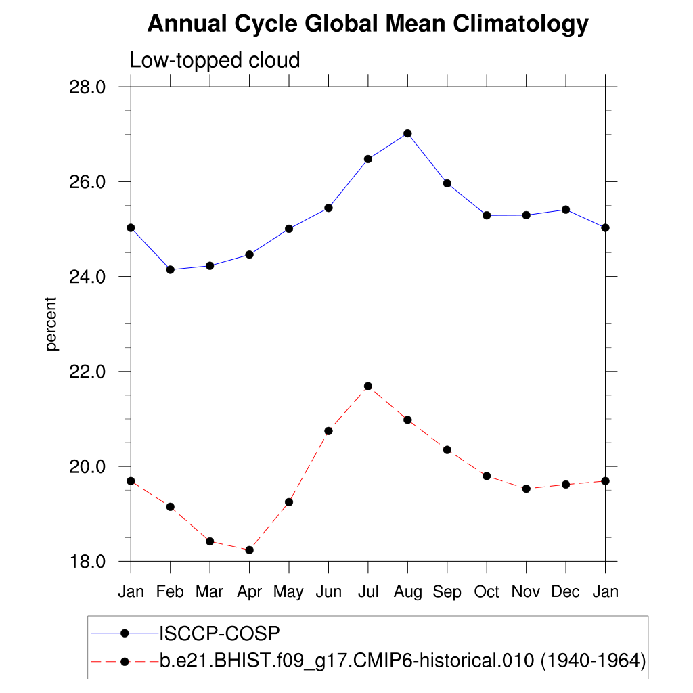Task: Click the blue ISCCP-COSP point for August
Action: click(x=407, y=133)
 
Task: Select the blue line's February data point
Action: click(x=170, y=269)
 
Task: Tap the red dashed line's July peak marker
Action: click(x=368, y=386)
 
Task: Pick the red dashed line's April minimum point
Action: click(x=249, y=550)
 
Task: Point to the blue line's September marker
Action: click(x=447, y=183)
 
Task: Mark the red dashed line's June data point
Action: click(x=328, y=430)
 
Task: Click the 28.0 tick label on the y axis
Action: click(x=88, y=87)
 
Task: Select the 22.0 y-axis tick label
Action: click(x=88, y=372)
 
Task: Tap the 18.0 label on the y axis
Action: click(x=88, y=561)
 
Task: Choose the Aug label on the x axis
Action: click(x=407, y=592)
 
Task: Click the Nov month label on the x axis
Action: click(x=526, y=592)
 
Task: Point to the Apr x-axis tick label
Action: click(x=249, y=592)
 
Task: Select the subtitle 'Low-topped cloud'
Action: click(x=215, y=60)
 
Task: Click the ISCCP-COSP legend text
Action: click(x=219, y=633)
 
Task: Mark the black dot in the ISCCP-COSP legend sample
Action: click(x=124, y=633)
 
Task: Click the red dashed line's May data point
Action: click(x=289, y=501)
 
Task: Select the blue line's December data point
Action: click(x=566, y=209)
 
